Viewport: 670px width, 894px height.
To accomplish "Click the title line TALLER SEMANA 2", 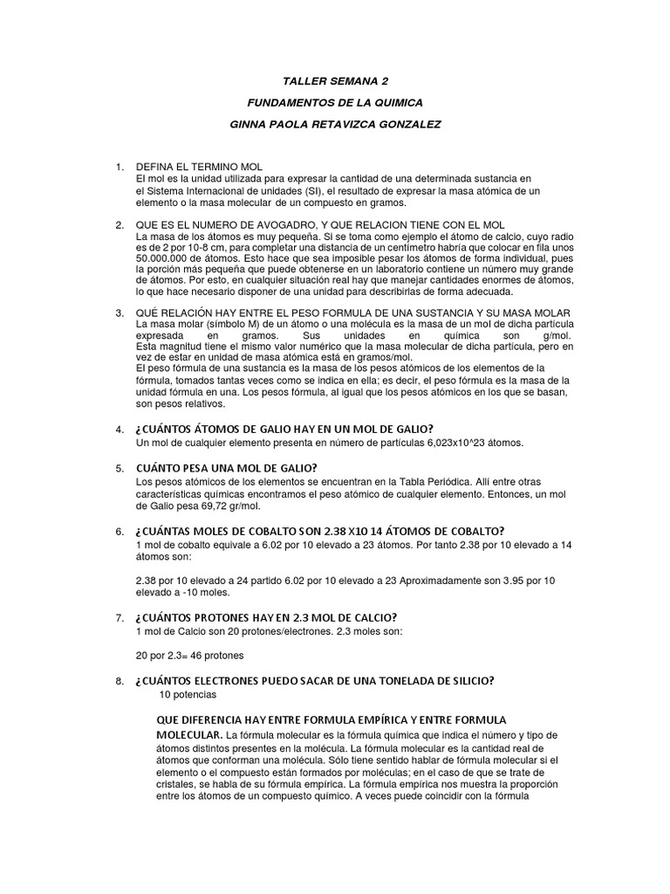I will point(336,81).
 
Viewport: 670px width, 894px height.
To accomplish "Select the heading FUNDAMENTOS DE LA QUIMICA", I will point(336,102).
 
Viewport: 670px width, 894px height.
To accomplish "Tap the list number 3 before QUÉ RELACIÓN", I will point(119,313).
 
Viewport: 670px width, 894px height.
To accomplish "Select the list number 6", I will point(119,532).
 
